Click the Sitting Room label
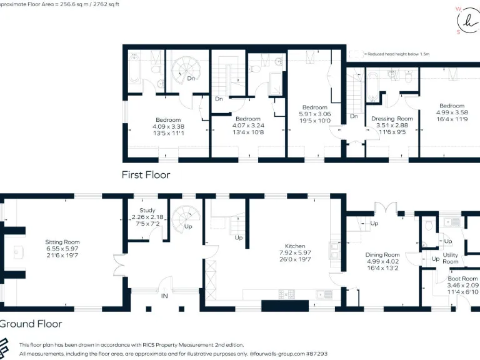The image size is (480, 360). point(62,242)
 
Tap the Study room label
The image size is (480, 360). point(147,211)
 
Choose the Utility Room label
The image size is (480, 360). point(451,258)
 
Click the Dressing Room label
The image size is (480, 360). point(392,119)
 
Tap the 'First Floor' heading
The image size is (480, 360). point(146,175)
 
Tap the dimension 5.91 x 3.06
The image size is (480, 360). point(316,114)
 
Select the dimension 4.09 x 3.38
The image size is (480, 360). point(168,126)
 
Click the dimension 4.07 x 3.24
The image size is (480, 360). point(248,125)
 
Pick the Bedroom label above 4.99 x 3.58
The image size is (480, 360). point(452,106)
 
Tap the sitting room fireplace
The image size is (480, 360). point(18,252)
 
